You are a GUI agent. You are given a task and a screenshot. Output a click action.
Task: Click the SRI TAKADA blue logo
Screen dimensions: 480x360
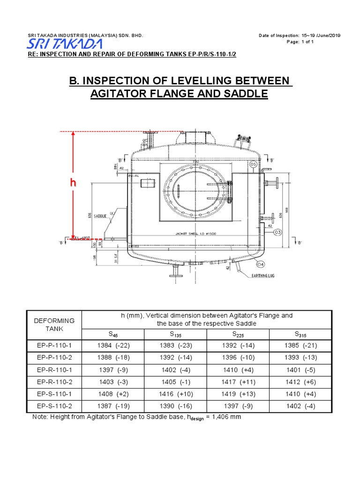pos(64,44)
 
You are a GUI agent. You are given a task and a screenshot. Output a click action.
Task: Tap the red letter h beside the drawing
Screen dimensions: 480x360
pos(73,183)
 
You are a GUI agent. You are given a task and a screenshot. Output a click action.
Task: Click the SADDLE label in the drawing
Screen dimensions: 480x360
pos(100,216)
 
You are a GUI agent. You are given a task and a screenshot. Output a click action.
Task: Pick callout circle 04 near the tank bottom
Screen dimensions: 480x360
pos(261,263)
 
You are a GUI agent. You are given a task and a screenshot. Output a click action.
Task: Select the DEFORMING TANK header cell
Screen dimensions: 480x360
pos(55,324)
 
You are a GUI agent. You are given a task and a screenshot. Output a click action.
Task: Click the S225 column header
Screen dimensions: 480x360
pos(238,334)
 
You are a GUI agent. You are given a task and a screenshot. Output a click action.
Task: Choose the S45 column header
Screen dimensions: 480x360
pos(113,334)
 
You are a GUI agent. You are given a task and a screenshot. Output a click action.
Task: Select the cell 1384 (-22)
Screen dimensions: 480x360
pos(113,346)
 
